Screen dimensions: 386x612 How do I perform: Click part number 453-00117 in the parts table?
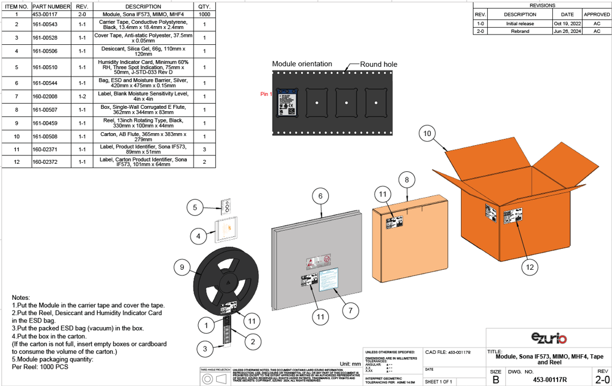point(45,14)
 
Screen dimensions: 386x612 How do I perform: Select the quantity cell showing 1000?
point(204,14)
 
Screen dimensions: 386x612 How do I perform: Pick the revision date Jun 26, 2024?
point(567,31)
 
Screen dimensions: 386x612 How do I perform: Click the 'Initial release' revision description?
point(519,24)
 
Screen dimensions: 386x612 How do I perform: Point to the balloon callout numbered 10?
point(428,134)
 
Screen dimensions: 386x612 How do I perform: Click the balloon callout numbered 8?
point(406,180)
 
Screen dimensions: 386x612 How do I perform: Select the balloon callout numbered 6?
point(320,196)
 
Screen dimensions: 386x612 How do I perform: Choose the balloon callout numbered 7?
point(350,310)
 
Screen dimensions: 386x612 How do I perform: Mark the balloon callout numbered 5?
point(195,207)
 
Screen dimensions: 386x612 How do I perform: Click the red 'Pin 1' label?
point(266,94)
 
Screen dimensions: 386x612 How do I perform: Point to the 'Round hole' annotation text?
point(379,64)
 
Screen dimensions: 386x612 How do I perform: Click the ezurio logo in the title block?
point(549,338)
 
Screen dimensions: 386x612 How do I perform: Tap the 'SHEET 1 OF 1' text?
point(438,381)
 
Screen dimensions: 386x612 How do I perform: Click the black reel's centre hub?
point(227,282)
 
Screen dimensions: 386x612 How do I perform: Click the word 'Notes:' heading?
point(21,298)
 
